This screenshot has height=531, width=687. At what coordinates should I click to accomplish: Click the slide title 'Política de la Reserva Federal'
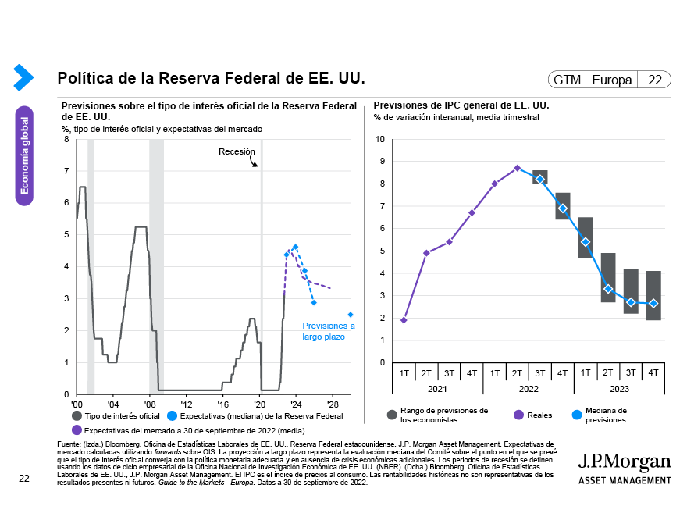tap(211, 79)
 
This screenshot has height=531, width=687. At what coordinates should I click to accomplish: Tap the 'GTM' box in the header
tap(567, 80)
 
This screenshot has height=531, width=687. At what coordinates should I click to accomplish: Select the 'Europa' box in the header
tap(612, 80)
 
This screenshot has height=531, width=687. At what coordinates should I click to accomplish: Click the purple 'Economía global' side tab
tap(25, 155)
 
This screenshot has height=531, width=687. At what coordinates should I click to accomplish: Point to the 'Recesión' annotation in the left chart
tap(237, 151)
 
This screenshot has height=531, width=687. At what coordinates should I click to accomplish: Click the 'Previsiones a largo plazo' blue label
tap(328, 331)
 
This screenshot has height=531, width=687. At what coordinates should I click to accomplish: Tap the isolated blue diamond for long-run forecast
tap(351, 315)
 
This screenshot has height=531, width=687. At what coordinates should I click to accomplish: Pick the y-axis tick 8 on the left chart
tap(66, 140)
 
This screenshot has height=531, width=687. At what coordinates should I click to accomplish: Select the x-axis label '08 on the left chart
tap(149, 405)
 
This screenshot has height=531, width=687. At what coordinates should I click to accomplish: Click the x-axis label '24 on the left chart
tap(296, 405)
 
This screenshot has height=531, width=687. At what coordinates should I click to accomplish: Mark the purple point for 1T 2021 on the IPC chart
tap(404, 320)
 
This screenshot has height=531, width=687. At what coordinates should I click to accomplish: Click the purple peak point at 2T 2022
tap(517, 168)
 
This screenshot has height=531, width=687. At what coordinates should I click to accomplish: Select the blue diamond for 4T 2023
tap(653, 304)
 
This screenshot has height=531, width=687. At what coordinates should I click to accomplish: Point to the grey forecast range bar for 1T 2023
tap(586, 237)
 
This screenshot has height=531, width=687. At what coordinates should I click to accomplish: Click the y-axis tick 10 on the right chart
tap(380, 140)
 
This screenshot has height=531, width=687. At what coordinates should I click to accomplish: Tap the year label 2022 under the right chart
tap(528, 388)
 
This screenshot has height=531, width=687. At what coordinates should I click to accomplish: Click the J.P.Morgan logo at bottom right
tap(624, 467)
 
